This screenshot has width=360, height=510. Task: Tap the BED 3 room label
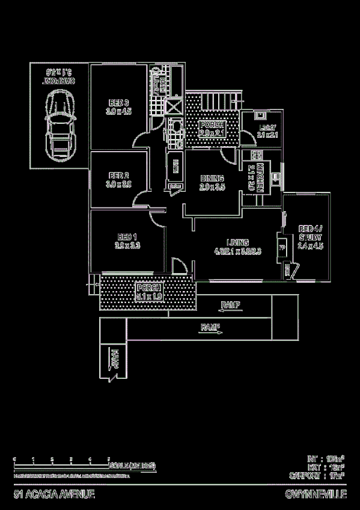click(118, 106)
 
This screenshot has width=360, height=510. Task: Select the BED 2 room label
click(118, 180)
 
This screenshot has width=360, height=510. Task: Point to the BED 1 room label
click(127, 241)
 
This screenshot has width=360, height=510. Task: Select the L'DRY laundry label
click(267, 131)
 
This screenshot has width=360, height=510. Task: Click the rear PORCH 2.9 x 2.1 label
click(212, 128)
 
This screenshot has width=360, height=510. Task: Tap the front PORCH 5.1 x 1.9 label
click(148, 292)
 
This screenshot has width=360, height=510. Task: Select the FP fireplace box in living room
click(282, 247)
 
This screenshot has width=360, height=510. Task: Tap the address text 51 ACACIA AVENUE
click(54, 494)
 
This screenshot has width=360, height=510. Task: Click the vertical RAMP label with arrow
click(114, 359)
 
